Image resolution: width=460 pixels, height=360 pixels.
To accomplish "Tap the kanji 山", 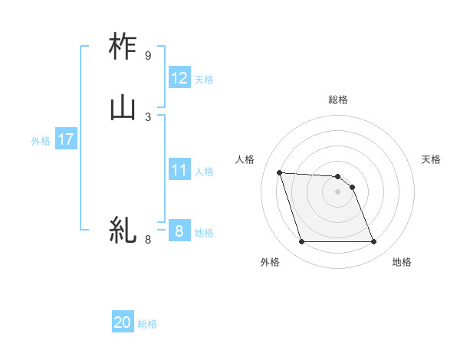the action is click(x=123, y=107).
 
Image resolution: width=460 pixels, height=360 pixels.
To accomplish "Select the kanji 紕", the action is click(x=123, y=229).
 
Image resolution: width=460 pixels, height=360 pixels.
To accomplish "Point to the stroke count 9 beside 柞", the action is click(x=147, y=56).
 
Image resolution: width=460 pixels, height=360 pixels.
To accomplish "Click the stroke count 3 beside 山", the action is click(x=147, y=116).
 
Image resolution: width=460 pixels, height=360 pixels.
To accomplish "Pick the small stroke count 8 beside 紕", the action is click(x=148, y=240).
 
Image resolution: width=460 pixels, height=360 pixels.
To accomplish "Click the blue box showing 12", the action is click(x=179, y=77).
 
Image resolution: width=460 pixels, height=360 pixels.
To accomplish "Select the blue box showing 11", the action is click(x=179, y=169).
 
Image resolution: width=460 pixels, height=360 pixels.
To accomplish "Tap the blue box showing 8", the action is click(x=179, y=230).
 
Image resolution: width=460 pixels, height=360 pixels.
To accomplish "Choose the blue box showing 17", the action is click(x=65, y=139).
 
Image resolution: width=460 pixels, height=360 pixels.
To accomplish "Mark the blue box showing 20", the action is click(x=123, y=322).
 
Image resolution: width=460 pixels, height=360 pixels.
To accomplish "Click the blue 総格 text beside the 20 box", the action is click(x=148, y=324).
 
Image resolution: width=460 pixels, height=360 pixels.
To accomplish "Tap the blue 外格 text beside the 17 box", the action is click(x=41, y=141).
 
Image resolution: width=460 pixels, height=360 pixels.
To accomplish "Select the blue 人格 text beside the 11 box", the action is click(x=205, y=171).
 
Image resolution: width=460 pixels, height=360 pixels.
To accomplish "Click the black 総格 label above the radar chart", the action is click(x=337, y=100).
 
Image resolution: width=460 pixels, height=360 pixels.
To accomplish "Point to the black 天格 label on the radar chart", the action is click(x=432, y=159).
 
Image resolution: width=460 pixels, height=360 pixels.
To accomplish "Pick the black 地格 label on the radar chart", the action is click(x=402, y=263).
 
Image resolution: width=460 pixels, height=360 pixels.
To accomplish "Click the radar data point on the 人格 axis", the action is click(x=279, y=172).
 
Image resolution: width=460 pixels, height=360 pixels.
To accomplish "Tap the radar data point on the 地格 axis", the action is click(x=373, y=242).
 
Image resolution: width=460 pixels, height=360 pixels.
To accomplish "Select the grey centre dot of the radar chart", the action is click(x=337, y=191).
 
